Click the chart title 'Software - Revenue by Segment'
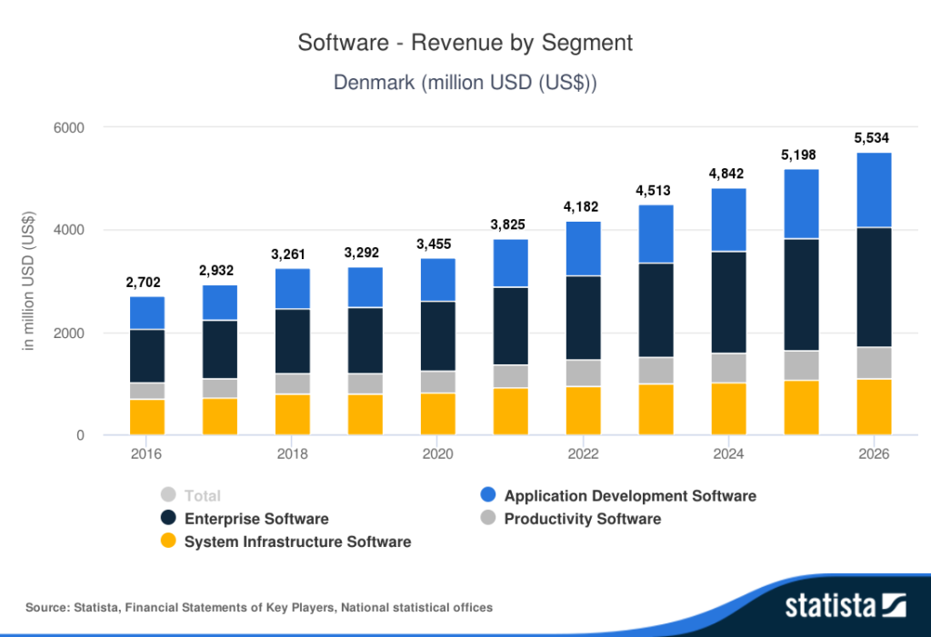[x=465, y=43]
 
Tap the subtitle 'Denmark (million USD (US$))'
[x=465, y=83]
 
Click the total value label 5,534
[x=873, y=138]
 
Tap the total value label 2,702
[x=146, y=283]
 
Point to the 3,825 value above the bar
[x=510, y=224]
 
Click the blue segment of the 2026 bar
[x=873, y=190]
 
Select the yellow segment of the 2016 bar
[x=146, y=417]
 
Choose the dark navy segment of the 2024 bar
[x=728, y=302]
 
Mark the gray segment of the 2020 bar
[x=437, y=382]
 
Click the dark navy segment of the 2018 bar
[x=292, y=341]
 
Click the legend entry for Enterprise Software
[x=255, y=519]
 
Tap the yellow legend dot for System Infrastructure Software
[x=167, y=542]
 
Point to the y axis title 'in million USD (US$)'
[x=28, y=282]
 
